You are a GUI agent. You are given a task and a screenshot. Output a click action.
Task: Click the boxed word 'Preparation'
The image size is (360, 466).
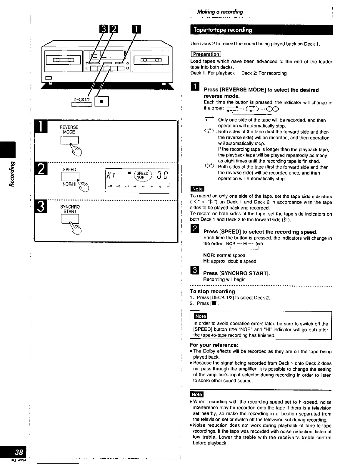point(206,54)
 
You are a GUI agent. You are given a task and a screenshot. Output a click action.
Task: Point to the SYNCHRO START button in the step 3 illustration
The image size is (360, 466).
point(70,219)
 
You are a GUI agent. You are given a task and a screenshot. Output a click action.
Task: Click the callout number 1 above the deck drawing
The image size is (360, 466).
point(137,30)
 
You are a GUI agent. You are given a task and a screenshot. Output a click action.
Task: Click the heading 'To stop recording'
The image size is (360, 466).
point(212,291)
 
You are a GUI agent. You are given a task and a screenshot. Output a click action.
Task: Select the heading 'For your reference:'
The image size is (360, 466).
point(214,345)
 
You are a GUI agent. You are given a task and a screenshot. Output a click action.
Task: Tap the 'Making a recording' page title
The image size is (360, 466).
point(220,12)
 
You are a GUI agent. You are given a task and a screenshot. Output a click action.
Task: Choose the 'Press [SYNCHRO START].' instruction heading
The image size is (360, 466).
point(236,273)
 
